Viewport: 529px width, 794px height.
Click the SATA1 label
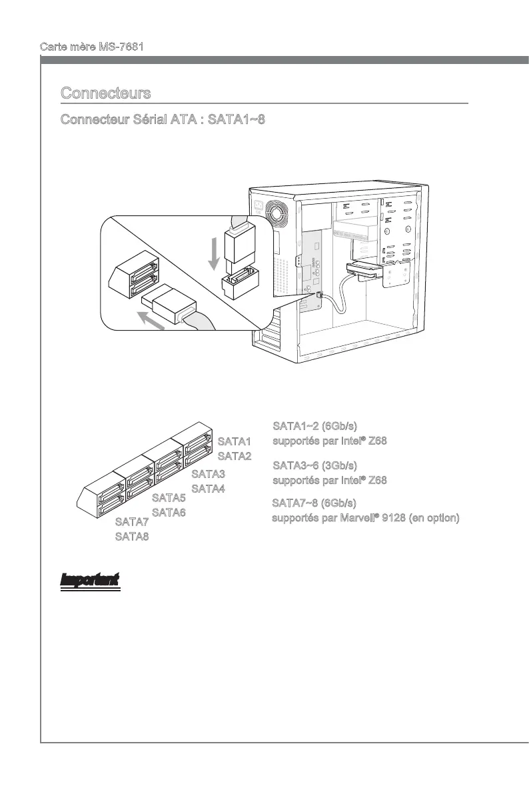click(235, 442)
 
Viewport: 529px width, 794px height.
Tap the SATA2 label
click(235, 457)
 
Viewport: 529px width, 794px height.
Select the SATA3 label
click(208, 475)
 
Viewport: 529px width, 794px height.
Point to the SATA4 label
click(208, 489)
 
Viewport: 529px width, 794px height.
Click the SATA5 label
click(169, 498)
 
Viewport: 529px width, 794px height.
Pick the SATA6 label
click(169, 513)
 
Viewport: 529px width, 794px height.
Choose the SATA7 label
click(132, 522)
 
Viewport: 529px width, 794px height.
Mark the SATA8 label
click(132, 537)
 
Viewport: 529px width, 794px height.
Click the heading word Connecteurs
click(105, 93)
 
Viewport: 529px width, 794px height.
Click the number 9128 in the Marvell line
click(387, 517)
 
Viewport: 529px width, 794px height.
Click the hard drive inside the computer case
click(362, 269)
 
